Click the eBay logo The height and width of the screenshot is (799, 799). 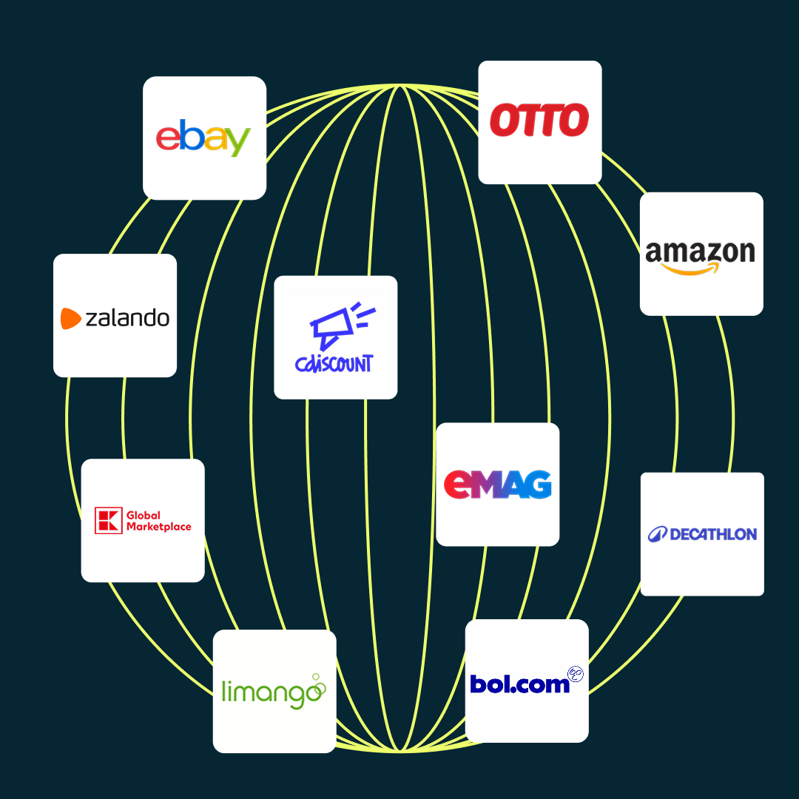point(203,138)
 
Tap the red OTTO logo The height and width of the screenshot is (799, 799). point(539,121)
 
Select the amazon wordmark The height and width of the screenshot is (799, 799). point(700,252)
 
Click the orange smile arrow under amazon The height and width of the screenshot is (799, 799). point(691,270)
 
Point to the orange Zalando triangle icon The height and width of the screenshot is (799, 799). point(70,318)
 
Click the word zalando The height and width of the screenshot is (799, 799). point(127,318)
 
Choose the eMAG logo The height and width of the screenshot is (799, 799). point(497,485)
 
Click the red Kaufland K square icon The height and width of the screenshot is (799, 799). point(107,520)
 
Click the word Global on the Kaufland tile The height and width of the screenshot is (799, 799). point(144,515)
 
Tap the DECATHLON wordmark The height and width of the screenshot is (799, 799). point(712,534)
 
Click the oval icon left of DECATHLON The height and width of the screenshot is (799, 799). point(658,534)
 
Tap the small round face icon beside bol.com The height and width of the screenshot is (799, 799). point(576,674)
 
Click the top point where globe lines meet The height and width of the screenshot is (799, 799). point(399,86)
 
